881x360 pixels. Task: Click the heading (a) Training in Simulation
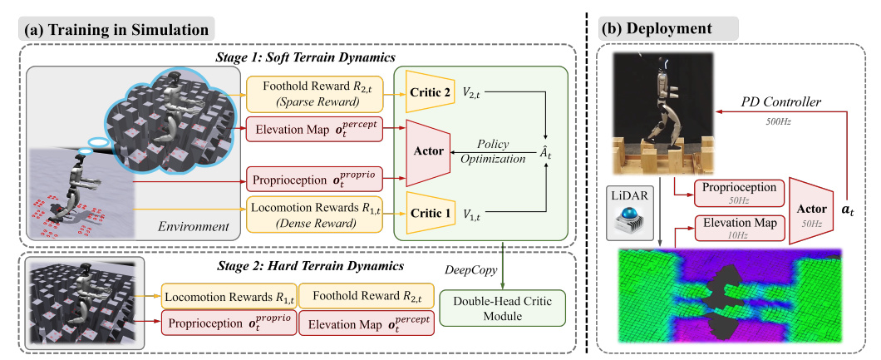coord(117,30)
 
